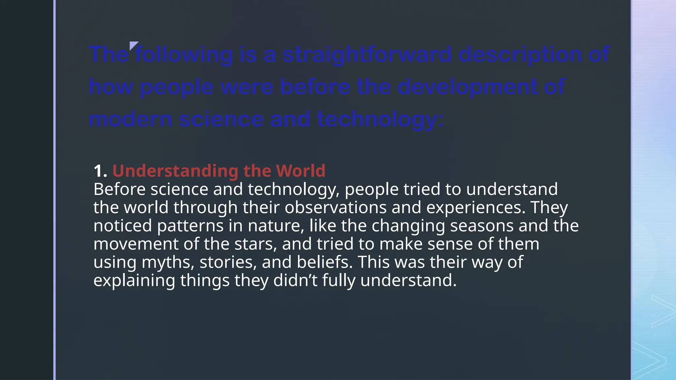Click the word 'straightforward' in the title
[x=367, y=54]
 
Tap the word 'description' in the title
[x=520, y=54]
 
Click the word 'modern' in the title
[x=130, y=119]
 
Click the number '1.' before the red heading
[x=100, y=171]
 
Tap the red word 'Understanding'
[x=175, y=171]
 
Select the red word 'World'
[x=300, y=171]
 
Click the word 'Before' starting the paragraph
[x=119, y=190]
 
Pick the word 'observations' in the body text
[x=335, y=208]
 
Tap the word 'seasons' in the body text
[x=482, y=226]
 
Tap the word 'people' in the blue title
[x=177, y=87]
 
